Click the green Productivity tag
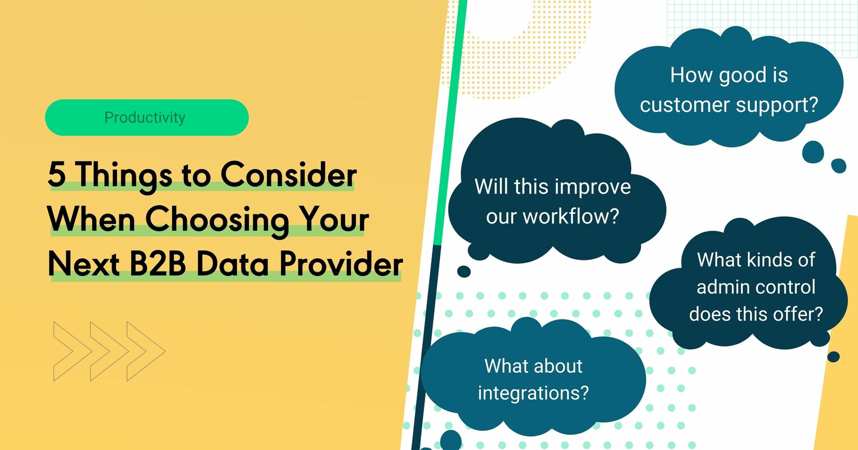(146, 118)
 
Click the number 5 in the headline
(56, 175)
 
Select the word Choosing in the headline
(217, 220)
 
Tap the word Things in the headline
(124, 175)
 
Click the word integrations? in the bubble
(533, 392)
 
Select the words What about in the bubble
(533, 366)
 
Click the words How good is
(729, 75)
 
